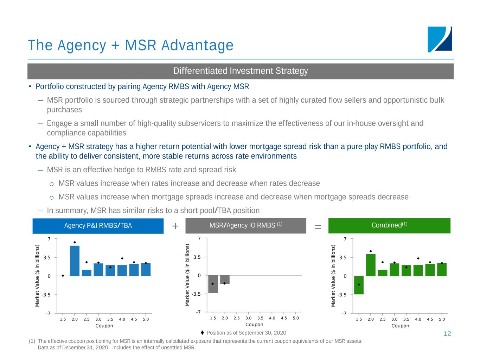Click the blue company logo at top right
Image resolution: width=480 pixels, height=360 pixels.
point(440,39)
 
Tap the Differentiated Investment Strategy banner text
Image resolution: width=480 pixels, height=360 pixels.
point(241,71)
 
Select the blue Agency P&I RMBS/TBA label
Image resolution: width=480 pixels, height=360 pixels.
point(98,226)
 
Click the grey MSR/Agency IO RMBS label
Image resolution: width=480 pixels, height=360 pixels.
point(246,226)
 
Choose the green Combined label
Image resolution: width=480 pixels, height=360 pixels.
point(389,226)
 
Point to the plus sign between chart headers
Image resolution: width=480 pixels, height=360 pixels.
point(175,226)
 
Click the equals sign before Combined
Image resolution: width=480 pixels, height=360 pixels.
point(318,227)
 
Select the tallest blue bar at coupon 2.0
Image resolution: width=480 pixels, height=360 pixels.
point(75,261)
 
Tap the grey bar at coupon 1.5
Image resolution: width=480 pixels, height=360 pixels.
point(213,284)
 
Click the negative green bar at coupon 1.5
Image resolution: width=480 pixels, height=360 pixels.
point(359,285)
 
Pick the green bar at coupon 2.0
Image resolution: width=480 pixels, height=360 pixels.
point(371,265)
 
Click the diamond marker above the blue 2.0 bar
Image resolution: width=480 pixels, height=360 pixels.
point(75,242)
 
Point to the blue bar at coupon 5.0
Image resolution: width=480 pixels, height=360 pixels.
point(146,269)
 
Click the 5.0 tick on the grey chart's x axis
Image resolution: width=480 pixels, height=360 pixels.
point(296,318)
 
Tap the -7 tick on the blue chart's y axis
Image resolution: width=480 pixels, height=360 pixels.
point(48,313)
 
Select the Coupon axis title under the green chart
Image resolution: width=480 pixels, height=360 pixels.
point(400,326)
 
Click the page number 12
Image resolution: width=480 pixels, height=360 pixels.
point(447,334)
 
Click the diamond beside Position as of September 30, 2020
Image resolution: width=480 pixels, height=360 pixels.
point(202,333)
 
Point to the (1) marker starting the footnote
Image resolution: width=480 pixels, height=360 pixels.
point(32,341)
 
